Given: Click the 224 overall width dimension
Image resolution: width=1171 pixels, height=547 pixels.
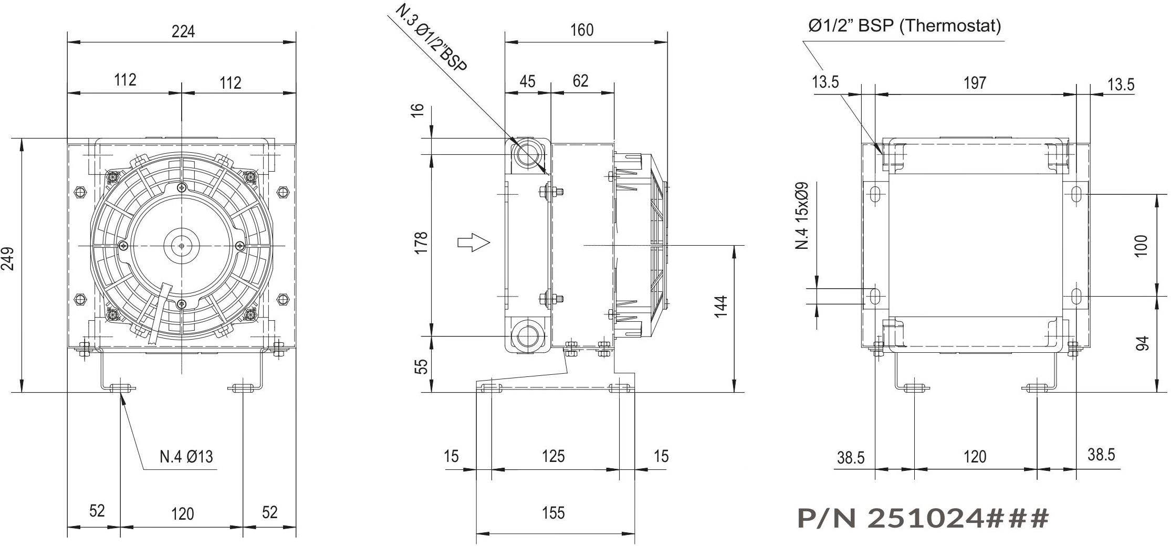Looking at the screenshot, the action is pyautogui.click(x=183, y=31).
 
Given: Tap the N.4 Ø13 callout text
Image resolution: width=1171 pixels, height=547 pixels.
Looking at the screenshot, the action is pyautogui.click(x=186, y=457).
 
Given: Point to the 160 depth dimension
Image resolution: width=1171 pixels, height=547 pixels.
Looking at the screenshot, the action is pyautogui.click(x=582, y=30).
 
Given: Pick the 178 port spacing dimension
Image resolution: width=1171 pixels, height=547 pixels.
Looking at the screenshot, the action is pyautogui.click(x=422, y=243).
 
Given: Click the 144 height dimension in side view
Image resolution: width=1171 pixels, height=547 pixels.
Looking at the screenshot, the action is pyautogui.click(x=721, y=307).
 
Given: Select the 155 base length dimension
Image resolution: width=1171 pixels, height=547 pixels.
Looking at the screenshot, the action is pyautogui.click(x=553, y=512).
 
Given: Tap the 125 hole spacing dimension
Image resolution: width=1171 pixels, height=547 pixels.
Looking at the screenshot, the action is pyautogui.click(x=553, y=456).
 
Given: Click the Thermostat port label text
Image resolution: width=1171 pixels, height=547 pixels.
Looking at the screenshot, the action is pyautogui.click(x=905, y=26).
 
